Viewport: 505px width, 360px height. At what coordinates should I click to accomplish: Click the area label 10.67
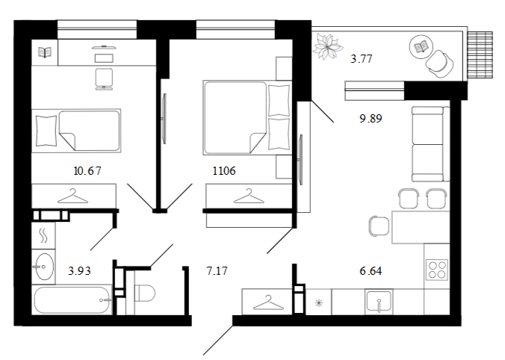(87, 170)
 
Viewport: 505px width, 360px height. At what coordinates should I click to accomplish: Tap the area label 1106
(224, 170)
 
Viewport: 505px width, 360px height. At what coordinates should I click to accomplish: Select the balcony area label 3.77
(362, 58)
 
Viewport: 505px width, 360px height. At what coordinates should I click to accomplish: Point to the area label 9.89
(371, 119)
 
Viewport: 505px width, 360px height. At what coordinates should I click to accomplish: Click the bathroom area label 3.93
(79, 271)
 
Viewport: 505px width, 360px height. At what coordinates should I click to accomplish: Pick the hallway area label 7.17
(217, 271)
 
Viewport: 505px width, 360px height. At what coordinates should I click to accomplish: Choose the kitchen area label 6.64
(371, 271)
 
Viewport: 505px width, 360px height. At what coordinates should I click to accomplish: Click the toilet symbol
(145, 293)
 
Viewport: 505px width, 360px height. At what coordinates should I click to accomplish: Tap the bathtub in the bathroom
(72, 300)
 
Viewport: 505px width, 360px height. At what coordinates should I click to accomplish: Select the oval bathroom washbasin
(44, 267)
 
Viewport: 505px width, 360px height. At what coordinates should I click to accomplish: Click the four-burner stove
(437, 269)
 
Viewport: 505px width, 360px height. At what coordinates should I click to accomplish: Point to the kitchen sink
(379, 302)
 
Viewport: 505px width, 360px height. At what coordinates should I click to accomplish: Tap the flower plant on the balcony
(327, 47)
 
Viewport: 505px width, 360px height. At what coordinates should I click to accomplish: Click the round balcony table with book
(421, 47)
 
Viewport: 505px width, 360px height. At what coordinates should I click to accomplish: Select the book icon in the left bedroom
(45, 52)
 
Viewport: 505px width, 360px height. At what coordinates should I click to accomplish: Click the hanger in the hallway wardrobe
(269, 302)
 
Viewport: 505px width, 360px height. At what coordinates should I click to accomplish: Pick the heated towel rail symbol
(43, 235)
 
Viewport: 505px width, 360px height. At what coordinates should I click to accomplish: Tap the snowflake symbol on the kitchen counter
(318, 303)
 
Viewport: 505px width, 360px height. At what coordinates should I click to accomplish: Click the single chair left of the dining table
(379, 226)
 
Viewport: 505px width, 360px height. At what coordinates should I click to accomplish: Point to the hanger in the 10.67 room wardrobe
(72, 196)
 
